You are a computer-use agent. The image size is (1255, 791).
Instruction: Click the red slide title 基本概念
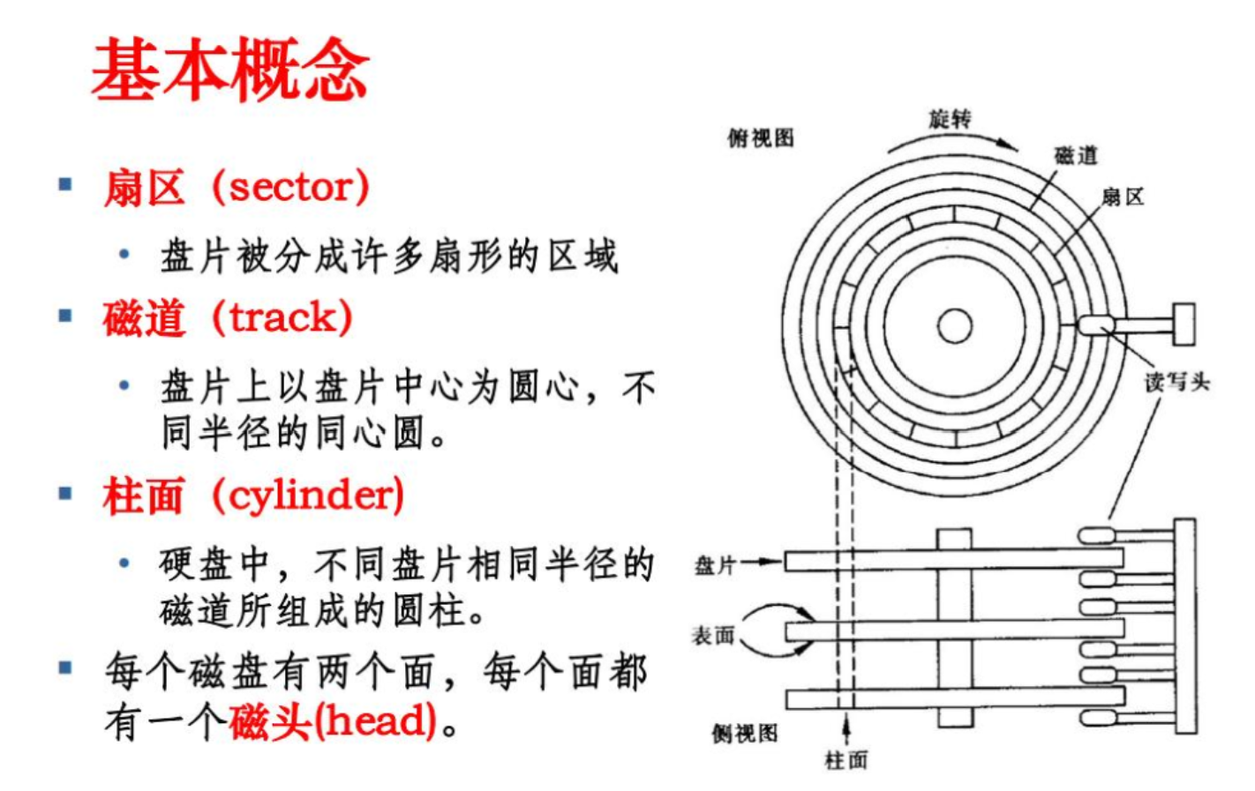229,69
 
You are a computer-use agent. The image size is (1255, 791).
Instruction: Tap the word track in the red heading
282,317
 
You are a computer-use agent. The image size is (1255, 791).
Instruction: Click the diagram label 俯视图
760,138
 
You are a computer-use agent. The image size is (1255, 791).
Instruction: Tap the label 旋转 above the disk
949,118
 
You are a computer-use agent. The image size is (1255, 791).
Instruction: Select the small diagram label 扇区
1123,197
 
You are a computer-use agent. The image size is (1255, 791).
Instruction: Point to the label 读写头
1176,382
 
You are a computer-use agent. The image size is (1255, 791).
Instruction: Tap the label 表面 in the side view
712,635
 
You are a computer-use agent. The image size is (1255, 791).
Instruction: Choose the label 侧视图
745,733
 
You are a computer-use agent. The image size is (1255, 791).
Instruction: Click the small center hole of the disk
954,325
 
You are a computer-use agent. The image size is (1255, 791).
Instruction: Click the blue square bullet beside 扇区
64,185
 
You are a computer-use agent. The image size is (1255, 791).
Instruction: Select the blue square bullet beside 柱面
64,493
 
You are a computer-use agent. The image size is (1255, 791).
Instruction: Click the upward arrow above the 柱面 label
846,727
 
